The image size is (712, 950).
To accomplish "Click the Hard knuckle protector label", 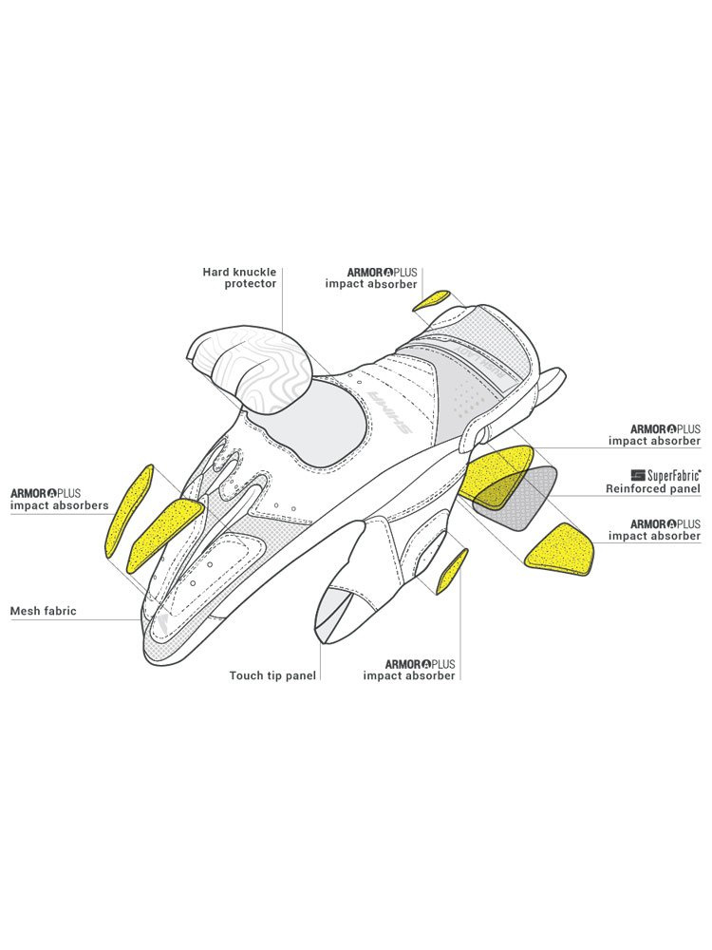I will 239,277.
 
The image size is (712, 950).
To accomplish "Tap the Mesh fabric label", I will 43,611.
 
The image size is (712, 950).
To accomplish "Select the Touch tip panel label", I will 272,675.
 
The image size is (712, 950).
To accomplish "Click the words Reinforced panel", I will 653,489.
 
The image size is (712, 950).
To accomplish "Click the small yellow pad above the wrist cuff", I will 431,301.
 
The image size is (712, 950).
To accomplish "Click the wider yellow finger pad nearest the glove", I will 166,533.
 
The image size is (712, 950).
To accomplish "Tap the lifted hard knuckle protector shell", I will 252,366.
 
